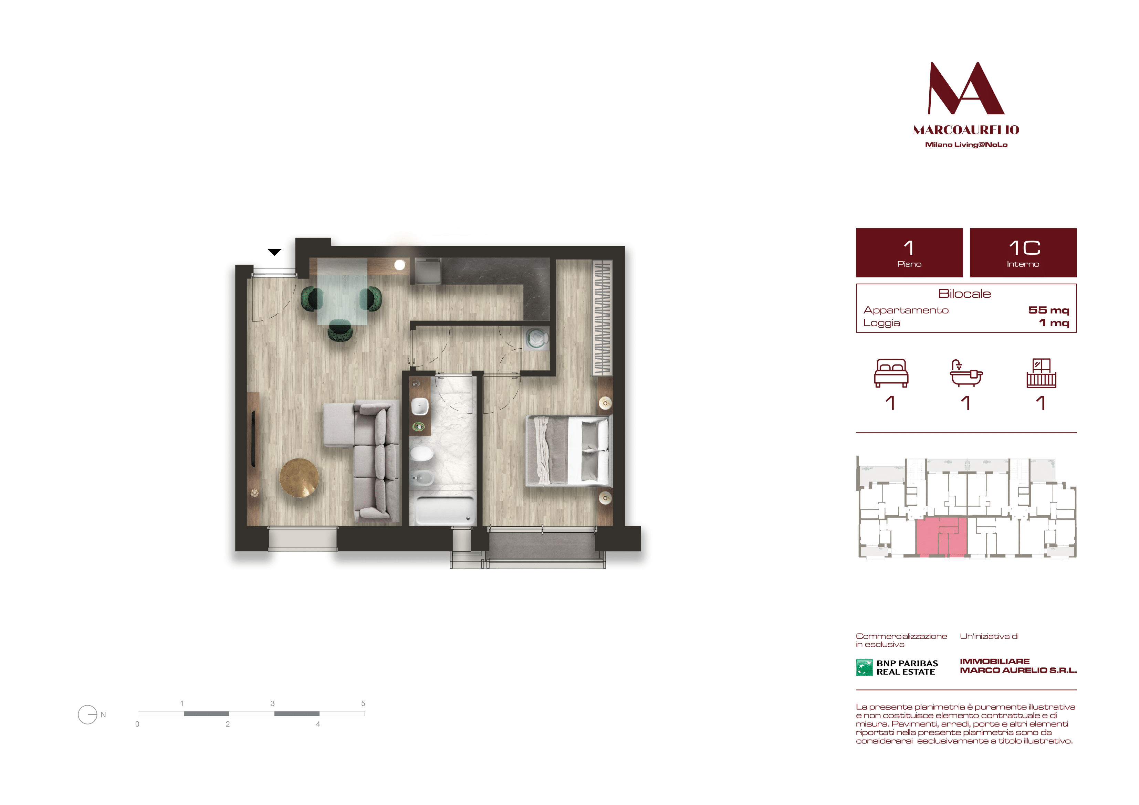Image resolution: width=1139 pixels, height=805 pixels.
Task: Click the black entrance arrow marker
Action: pyautogui.click(x=274, y=252)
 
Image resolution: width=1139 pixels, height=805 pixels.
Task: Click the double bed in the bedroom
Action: pyautogui.click(x=568, y=451)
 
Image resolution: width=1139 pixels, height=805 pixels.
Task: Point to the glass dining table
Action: pyautogui.click(x=342, y=291)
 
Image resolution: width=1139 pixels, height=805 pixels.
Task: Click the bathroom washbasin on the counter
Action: pyautogui.click(x=420, y=406)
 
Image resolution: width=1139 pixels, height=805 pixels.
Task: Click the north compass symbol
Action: pyautogui.click(x=88, y=715)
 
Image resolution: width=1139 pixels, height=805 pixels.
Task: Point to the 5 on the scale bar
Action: pyautogui.click(x=363, y=703)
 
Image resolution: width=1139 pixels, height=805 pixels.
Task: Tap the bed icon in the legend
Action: pyautogui.click(x=891, y=373)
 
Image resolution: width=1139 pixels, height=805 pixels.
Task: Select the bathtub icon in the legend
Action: pyautogui.click(x=966, y=373)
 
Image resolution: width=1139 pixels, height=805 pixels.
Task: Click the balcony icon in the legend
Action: pyautogui.click(x=1041, y=373)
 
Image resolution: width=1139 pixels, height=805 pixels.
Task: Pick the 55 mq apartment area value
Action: pyautogui.click(x=1049, y=310)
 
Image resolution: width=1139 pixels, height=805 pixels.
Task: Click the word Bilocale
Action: pyautogui.click(x=964, y=294)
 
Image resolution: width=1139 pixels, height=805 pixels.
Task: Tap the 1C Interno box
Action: pyautogui.click(x=1023, y=253)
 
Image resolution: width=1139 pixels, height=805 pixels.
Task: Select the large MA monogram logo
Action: pyautogui.click(x=966, y=88)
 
